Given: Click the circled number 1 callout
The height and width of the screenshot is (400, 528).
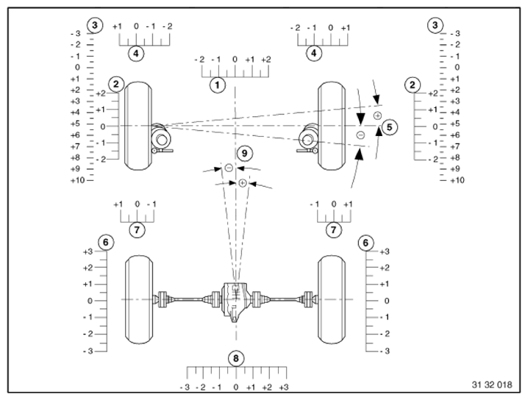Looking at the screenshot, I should (217, 85).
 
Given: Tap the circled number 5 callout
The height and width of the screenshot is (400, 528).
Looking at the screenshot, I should (390, 126).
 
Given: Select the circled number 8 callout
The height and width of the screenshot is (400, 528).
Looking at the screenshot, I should (235, 359).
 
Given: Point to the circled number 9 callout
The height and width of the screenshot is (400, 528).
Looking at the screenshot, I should (245, 153).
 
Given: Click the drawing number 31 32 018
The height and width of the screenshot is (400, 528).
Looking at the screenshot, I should (491, 385).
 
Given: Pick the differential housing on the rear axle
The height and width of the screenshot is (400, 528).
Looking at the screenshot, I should (233, 300).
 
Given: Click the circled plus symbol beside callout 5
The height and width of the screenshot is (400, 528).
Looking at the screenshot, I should (377, 115).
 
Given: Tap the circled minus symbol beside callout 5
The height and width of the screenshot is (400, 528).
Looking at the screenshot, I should (360, 135).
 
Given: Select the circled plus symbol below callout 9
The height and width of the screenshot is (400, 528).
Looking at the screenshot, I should (242, 182).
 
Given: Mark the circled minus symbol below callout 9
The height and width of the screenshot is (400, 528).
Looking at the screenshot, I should (229, 168).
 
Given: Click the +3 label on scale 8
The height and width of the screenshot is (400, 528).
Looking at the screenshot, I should (283, 387).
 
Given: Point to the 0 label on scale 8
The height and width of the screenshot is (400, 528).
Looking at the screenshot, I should (235, 387).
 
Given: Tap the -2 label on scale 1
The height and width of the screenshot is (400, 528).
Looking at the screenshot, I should (199, 59).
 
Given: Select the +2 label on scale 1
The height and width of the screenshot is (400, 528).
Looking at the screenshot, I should (265, 59).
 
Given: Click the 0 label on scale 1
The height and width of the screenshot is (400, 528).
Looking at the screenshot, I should (235, 59).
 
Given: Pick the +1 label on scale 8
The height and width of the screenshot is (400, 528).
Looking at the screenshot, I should (251, 387).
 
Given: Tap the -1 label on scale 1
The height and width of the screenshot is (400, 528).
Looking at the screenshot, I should (216, 59).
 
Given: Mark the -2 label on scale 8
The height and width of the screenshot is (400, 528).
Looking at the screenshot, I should (201, 387).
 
